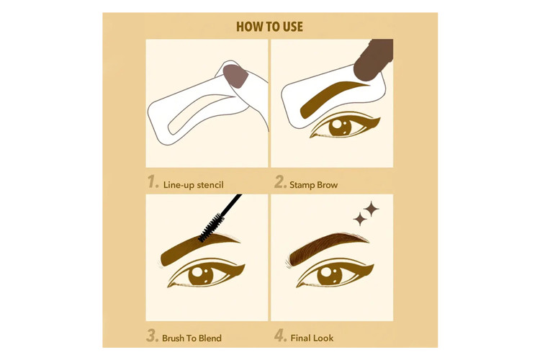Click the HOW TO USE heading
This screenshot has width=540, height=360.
click(x=270, y=27)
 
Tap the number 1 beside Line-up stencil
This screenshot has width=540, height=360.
click(x=153, y=182)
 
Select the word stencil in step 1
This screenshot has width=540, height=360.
click(x=210, y=185)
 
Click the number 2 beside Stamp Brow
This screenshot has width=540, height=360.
click(x=280, y=182)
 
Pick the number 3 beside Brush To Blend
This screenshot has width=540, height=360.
click(x=152, y=336)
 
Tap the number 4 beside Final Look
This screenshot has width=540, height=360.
click(x=280, y=336)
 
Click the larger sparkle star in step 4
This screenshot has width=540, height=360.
click(x=372, y=209)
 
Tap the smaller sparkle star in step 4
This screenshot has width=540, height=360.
click(x=359, y=219)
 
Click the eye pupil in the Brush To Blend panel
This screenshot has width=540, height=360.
click(x=201, y=274)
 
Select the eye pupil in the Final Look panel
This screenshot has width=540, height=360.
click(x=330, y=275)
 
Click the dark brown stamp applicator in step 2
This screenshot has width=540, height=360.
click(x=373, y=59)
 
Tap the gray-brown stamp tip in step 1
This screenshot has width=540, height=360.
click(x=235, y=76)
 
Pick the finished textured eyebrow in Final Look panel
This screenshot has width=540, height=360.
click(x=327, y=248)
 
